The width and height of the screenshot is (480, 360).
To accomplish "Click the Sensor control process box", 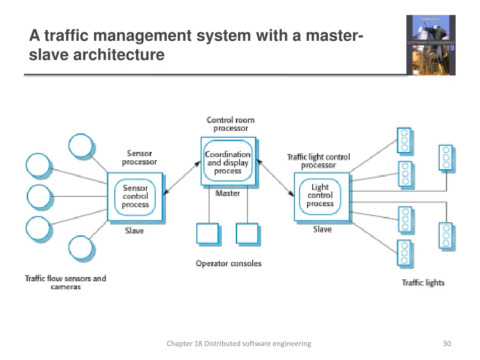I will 135,196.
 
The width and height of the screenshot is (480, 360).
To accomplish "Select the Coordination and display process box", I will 228,162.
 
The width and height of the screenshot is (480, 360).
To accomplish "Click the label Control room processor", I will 231,124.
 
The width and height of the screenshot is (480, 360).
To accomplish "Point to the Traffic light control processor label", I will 318,161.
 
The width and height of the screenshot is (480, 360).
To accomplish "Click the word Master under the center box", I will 228,193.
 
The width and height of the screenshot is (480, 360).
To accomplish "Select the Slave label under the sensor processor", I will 135,231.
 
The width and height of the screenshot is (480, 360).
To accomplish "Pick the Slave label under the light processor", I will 322,229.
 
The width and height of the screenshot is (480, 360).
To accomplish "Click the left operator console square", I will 207,234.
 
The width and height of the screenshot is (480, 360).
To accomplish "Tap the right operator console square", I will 247,234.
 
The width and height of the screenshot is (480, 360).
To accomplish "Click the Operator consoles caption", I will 228,263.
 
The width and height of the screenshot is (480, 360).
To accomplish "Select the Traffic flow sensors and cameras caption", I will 66,282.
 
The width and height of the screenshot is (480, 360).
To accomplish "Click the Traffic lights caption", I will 423,283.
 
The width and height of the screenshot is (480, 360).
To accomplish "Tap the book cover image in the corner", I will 430,45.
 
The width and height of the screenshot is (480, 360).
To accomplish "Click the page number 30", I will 447,344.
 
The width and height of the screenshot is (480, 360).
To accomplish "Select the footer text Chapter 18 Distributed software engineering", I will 239,344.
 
